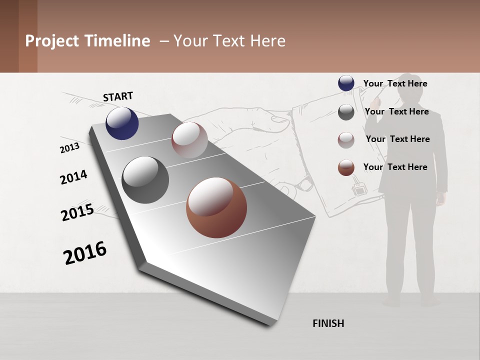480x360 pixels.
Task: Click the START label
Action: click(118, 96)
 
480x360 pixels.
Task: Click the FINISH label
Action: click(328, 323)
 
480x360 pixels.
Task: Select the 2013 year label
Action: click(69, 148)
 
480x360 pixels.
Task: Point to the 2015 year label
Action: click(77, 212)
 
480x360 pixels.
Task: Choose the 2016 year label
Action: click(85, 252)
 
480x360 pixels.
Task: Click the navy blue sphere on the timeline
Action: click(122, 123)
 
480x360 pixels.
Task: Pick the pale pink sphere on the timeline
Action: click(189, 140)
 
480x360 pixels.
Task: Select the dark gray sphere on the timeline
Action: click(145, 180)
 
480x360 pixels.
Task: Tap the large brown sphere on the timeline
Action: click(216, 207)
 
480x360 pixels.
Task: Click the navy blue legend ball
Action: click(346, 83)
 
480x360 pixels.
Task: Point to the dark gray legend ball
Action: click(346, 112)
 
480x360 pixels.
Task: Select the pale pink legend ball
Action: click(346, 140)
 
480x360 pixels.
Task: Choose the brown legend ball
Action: click(346, 167)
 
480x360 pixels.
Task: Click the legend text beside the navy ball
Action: click(395, 83)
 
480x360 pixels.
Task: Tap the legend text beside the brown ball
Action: click(395, 167)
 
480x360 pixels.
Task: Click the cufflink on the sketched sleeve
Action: click(358, 190)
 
